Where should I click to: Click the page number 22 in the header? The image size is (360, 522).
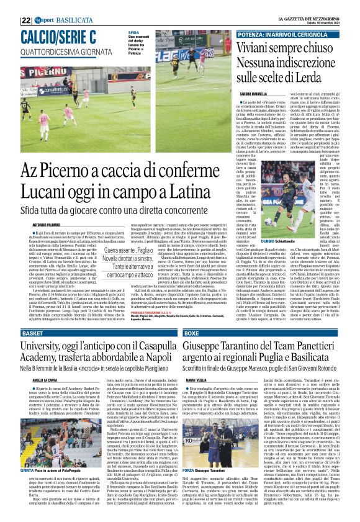(x=26, y=5)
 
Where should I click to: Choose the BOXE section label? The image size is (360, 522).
(x=192, y=333)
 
